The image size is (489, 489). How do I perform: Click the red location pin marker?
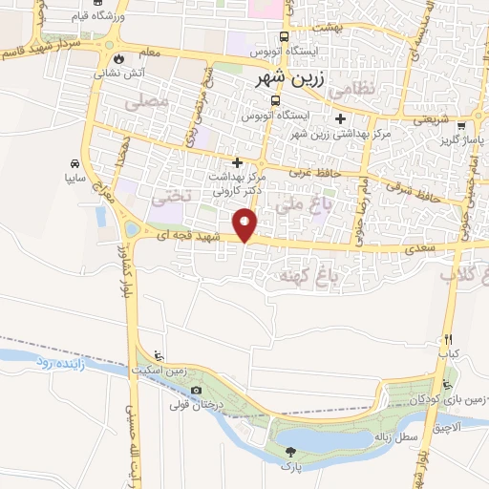tap(246, 225)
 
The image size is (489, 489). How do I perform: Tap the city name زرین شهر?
tap(299, 82)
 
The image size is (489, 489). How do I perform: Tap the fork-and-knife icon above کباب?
tap(445, 339)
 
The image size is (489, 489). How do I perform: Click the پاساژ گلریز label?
tap(458, 141)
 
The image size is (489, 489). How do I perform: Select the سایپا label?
tap(75, 178)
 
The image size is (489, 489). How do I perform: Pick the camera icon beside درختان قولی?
tap(197, 391)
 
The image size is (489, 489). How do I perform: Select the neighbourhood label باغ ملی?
tap(295, 203)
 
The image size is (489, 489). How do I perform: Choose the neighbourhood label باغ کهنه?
tap(302, 275)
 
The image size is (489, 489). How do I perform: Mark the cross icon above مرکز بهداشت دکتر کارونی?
tap(238, 162)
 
